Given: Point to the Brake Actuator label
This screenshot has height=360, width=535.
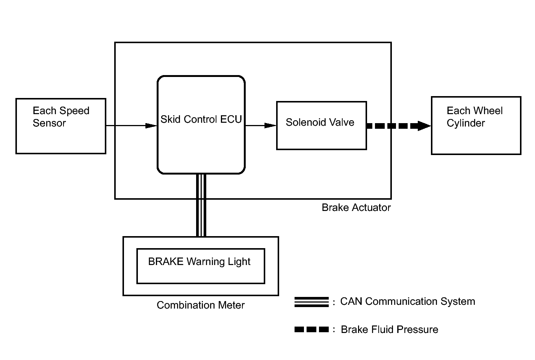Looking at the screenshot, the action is (356, 208).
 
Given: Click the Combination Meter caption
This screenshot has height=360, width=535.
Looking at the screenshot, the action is (201, 305).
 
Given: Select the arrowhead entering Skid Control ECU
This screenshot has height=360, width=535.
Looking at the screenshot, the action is (151, 125).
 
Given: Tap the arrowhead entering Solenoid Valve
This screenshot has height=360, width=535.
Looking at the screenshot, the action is (270, 125).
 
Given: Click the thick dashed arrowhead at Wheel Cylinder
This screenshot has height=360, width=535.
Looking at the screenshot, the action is (424, 126).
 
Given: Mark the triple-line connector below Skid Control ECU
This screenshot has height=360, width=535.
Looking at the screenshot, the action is (201, 205).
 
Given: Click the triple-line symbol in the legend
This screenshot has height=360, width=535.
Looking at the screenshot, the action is (311, 302).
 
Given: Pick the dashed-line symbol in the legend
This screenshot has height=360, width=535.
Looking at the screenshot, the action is (311, 330).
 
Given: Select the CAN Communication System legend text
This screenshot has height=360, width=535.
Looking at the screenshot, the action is (408, 301).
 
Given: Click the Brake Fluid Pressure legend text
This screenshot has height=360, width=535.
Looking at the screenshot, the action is (389, 330).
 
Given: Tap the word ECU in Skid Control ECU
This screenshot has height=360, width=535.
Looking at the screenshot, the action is (231, 119).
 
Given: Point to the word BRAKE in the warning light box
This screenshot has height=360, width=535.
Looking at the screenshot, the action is (166, 262).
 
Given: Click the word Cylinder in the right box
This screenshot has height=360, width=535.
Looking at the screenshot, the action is (466, 124).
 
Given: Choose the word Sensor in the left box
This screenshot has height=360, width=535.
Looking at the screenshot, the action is (49, 123).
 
